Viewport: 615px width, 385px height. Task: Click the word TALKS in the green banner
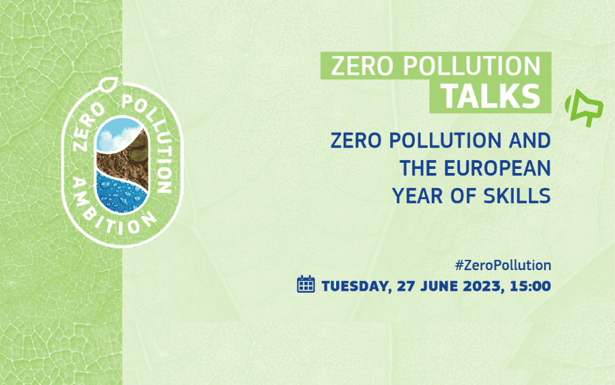491,96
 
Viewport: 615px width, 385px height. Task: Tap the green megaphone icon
584,108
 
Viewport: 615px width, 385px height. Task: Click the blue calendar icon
306,284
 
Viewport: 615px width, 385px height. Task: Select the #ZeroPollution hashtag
503,265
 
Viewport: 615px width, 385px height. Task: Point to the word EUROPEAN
497,168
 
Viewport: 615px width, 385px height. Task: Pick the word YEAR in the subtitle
418,196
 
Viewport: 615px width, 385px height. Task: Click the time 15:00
530,286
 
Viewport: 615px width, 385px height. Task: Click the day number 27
406,286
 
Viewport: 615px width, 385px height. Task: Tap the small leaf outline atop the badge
109,84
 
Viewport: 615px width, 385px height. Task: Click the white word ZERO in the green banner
361,66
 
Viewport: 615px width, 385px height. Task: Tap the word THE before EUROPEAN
418,168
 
